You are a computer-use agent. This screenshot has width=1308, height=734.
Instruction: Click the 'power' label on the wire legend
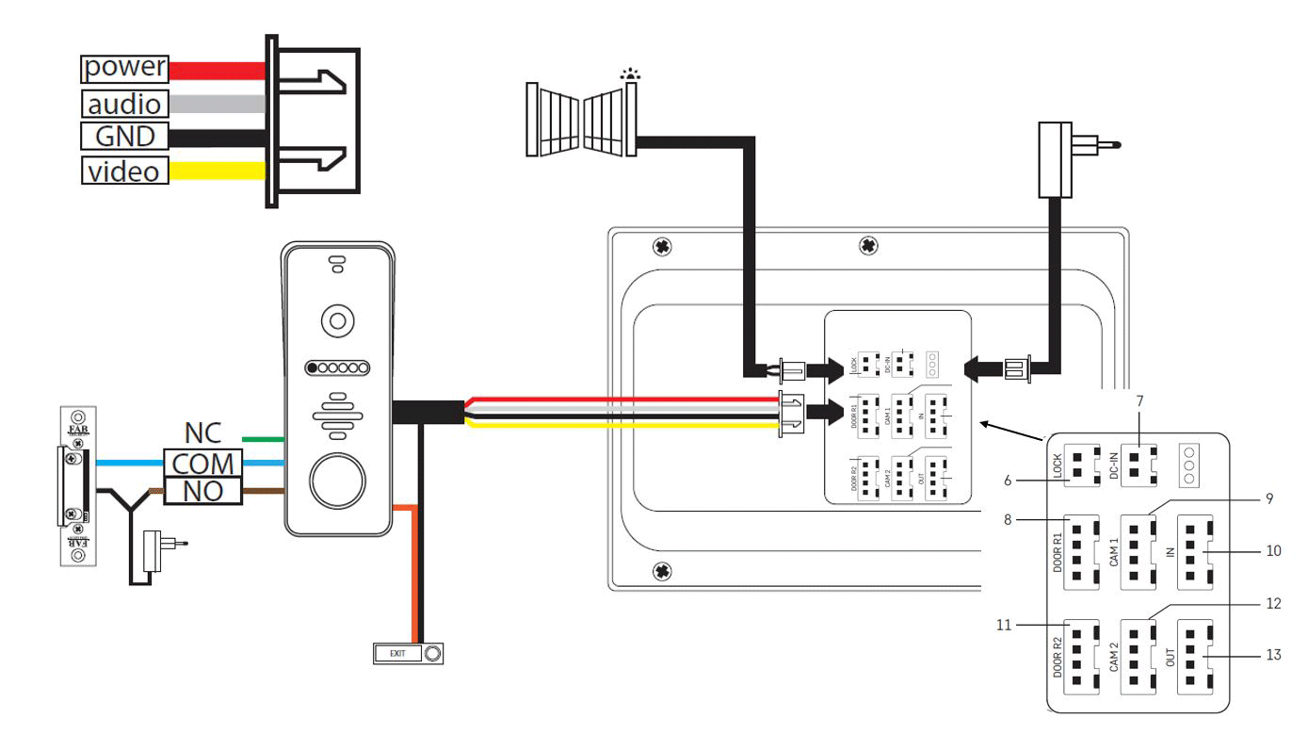pos(124,68)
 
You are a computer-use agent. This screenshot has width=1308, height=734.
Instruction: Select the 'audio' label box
pos(124,103)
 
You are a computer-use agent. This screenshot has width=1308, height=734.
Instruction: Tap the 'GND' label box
pos(124,136)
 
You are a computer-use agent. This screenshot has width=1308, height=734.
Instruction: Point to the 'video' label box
pos(124,171)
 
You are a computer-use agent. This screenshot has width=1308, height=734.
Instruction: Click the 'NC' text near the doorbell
pos(203,434)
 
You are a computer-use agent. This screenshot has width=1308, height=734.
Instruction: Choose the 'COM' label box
pos(203,464)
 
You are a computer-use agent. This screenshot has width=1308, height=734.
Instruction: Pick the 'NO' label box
pos(203,491)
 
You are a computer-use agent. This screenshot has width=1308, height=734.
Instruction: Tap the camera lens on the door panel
pos(337,321)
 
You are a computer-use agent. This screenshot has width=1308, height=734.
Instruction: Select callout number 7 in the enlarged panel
pos(1139,400)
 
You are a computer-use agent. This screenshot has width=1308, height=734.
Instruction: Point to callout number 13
pos(1273,655)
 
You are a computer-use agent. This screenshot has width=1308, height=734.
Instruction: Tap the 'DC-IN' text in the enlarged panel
pos(1116,465)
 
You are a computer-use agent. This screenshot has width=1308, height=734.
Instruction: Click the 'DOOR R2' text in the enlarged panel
pos(1058,659)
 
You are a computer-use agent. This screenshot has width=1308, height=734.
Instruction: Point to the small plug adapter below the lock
pos(152,550)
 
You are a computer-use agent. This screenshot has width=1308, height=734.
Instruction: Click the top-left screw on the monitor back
pos(662,247)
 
